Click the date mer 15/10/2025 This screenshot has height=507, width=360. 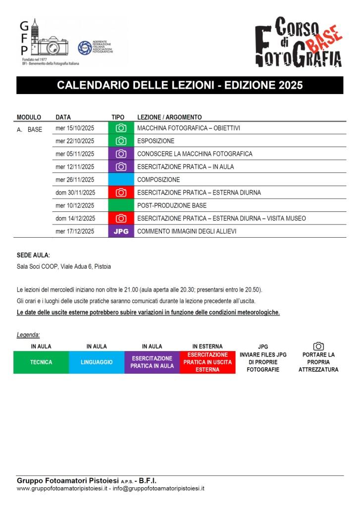[x=75, y=128]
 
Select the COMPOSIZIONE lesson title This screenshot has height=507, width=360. [x=158, y=180]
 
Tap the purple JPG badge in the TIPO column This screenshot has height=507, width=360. [x=121, y=231]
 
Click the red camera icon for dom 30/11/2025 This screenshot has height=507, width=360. [x=121, y=193]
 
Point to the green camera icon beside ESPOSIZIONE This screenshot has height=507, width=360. [x=121, y=141]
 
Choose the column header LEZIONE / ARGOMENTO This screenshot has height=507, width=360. [x=169, y=117]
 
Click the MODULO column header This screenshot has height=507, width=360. [x=29, y=117]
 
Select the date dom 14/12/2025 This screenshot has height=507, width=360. [x=75, y=218]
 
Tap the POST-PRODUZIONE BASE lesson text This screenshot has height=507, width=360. [x=171, y=205]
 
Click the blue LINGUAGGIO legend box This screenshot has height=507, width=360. [x=97, y=362]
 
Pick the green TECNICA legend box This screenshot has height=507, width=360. [x=41, y=362]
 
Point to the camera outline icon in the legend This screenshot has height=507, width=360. [x=318, y=346]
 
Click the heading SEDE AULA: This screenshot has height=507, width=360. [x=33, y=255]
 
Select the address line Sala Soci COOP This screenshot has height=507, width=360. [x=64, y=266]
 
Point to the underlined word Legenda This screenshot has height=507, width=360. [x=28, y=335]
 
